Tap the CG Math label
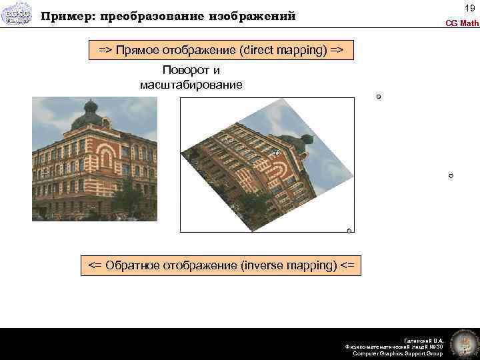tap(462, 23)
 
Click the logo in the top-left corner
tap(17, 16)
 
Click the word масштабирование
tap(191, 85)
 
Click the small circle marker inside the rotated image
tap(277, 153)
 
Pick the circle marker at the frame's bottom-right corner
tap(349, 231)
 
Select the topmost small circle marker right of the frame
tap(378, 97)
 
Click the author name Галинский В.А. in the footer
tap(425, 340)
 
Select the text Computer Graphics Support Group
tap(397, 353)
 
